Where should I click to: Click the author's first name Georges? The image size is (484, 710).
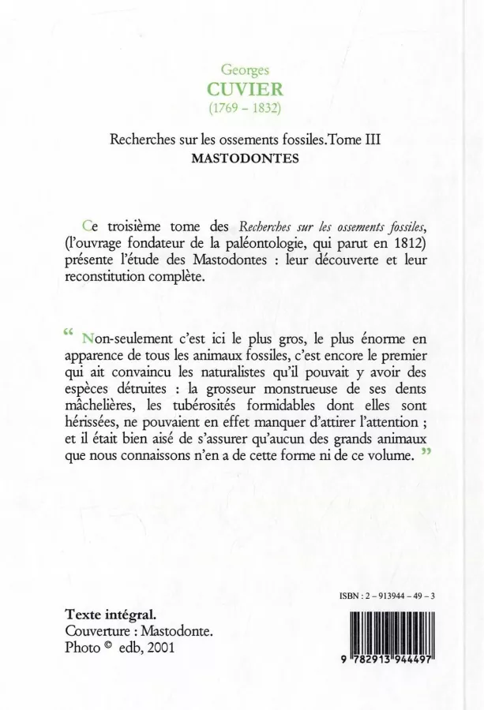242,70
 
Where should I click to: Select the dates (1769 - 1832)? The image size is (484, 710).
242,106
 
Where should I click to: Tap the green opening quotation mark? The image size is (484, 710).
67,332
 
